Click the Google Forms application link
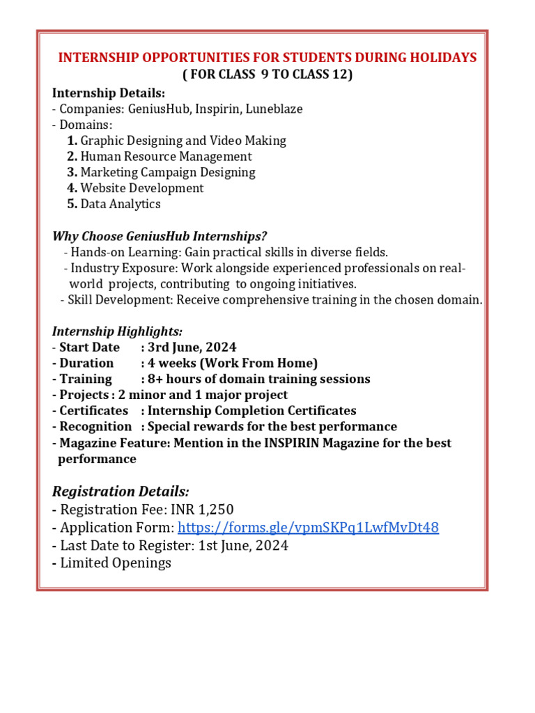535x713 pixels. [x=308, y=528]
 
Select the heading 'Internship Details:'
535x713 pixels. [x=109, y=93]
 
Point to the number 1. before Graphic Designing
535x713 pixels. [x=72, y=141]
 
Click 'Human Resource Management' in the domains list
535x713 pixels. [x=166, y=157]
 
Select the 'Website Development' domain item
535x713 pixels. [x=142, y=188]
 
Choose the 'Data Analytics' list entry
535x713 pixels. [x=121, y=204]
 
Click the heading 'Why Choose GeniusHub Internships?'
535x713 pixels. [x=160, y=236]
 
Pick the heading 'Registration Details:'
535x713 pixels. [x=120, y=491]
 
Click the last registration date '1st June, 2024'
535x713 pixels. [x=243, y=545]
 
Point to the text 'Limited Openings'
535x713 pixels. [x=116, y=563]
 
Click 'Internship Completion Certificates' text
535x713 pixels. [x=251, y=411]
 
